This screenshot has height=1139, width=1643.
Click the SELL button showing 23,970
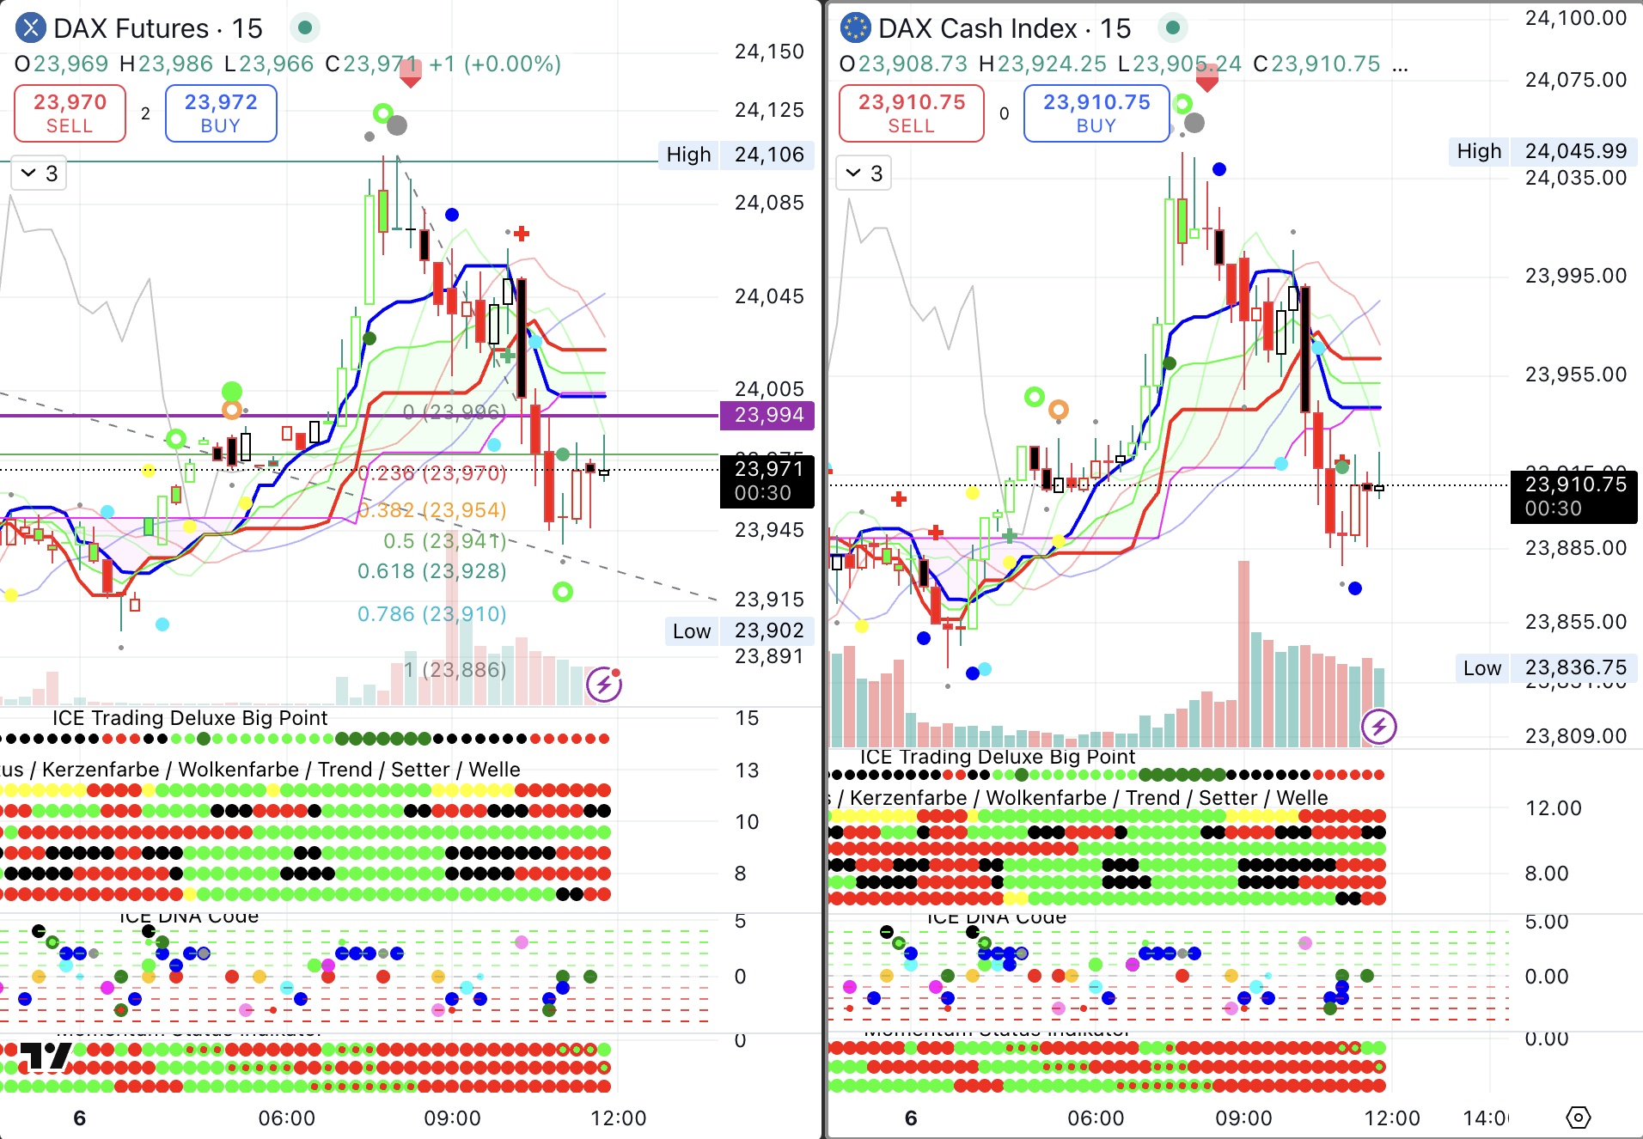coord(70,113)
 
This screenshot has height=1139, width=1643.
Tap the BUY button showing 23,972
coord(221,113)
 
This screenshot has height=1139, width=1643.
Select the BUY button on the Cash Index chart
coord(1096,113)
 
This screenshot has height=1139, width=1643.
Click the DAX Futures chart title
coord(157,28)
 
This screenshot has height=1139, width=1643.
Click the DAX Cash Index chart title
coord(1004,28)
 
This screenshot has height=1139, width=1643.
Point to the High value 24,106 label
coord(768,155)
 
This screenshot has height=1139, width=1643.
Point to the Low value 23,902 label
coord(768,630)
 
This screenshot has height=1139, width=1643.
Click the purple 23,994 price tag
coord(768,415)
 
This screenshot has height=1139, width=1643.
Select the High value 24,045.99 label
coord(1575,151)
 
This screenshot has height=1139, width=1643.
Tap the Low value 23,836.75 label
coord(1575,668)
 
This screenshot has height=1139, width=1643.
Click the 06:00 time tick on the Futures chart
coord(287,1118)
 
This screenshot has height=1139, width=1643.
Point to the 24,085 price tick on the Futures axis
coord(769,203)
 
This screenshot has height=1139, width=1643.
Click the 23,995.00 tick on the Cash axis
coord(1575,276)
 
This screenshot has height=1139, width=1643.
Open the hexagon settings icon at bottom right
coord(1579,1118)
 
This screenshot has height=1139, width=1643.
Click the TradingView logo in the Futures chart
coord(46,1057)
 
